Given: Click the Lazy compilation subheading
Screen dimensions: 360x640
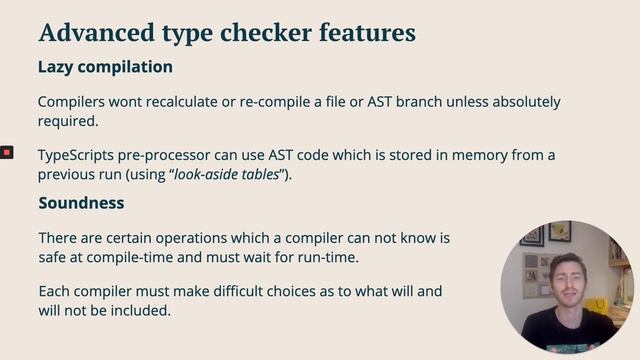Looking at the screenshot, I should coord(105,67).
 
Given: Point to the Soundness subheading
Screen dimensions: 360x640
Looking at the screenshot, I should coord(81,203).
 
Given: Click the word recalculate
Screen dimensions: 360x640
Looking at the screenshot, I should coord(183,102).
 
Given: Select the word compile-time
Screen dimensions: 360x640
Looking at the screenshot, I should coord(139,257).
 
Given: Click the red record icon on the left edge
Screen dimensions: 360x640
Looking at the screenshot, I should coord(6,152).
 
